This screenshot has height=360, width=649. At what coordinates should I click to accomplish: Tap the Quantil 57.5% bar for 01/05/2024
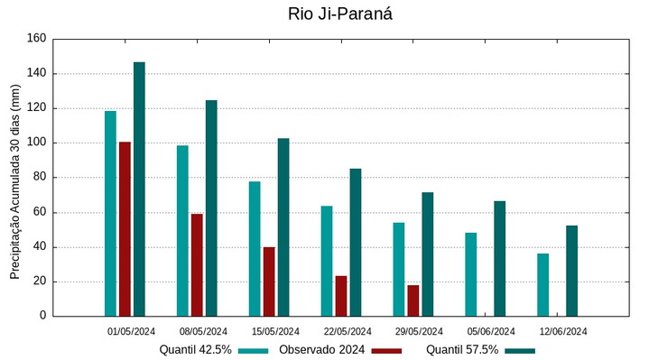pos(139,189)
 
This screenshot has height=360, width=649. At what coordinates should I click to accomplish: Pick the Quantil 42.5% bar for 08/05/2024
pos(182,230)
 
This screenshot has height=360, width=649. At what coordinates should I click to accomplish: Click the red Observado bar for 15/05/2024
pos(269,282)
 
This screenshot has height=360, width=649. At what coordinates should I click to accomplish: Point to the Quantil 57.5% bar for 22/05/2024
pos(356,242)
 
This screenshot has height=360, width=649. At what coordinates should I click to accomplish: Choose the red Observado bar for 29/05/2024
pos(413,300)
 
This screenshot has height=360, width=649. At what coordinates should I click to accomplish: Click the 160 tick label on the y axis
pos(36,39)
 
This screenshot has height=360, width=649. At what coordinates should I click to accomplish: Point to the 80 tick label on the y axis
pos(39,178)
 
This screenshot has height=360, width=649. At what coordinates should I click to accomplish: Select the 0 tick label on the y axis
pos(42,316)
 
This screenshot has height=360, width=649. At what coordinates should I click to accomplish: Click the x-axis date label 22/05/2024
pos(348,331)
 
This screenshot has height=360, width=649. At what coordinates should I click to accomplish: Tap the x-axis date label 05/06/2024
pos(491,331)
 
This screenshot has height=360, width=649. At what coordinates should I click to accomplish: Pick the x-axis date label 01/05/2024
pos(132,331)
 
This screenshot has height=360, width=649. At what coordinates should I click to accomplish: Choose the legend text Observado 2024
pos(321,350)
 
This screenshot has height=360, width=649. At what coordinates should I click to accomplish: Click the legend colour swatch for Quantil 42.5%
pos(255,350)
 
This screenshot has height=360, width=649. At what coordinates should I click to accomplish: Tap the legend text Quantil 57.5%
pos(462,350)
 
